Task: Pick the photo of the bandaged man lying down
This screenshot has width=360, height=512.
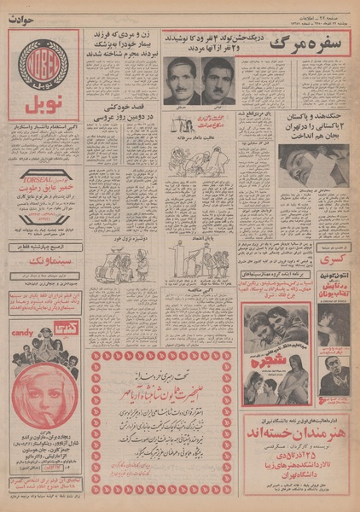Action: click(x=311, y=161)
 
